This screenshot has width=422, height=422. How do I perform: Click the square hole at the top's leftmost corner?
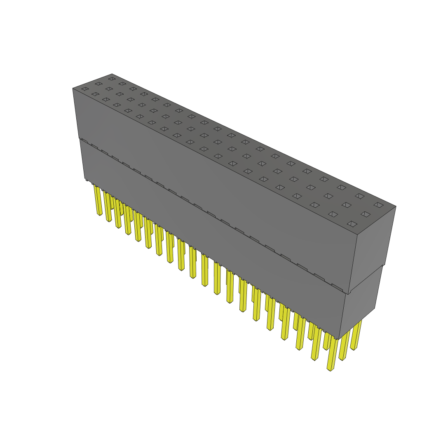pyautogui.click(x=85, y=89)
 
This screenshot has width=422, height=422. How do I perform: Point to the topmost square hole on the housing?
pyautogui.click(x=112, y=78)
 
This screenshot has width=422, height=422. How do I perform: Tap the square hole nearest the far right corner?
pyautogui.click(x=378, y=205)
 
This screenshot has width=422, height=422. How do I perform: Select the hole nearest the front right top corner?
pyautogui.click(x=352, y=224)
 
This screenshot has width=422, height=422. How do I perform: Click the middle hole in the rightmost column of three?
pyautogui.click(x=365, y=214)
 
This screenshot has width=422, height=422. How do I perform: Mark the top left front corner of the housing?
pyautogui.click(x=73, y=88)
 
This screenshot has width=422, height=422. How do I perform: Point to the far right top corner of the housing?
pyautogui.click(x=396, y=206)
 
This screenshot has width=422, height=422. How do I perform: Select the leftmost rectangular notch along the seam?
pyautogui.click(x=84, y=141)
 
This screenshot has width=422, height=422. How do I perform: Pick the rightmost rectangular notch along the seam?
pyautogui.click(x=338, y=287)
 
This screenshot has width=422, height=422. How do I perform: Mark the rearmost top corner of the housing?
pyautogui.click(x=112, y=74)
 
